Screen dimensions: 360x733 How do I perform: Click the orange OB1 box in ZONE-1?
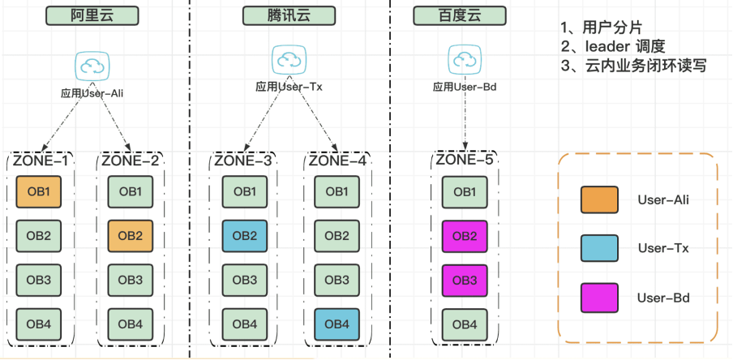click(38, 192)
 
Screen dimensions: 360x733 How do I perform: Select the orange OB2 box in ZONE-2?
click(131, 236)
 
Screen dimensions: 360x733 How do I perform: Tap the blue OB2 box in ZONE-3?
click(246, 236)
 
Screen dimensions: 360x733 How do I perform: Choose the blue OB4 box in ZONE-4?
click(338, 324)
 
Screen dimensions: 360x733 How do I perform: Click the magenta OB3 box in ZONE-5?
click(465, 280)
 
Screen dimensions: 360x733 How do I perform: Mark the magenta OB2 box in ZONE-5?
click(465, 236)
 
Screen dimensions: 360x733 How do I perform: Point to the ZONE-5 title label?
click(465, 160)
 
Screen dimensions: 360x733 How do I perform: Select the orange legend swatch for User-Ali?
click(599, 199)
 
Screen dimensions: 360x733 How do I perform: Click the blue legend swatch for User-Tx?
click(599, 248)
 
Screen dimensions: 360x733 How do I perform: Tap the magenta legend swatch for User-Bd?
click(599, 298)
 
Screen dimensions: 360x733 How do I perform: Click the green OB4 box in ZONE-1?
click(38, 324)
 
